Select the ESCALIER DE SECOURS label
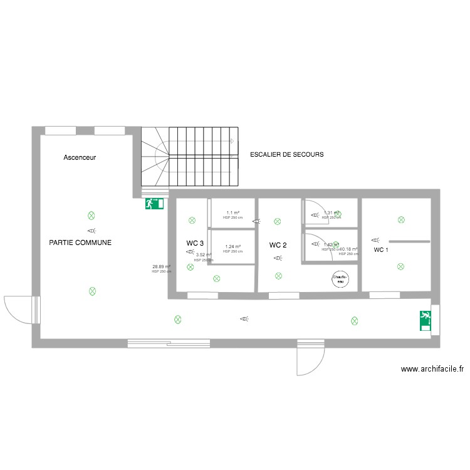pyautogui.click(x=286, y=154)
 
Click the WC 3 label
pyautogui.click(x=195, y=243)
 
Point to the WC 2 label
pyautogui.click(x=278, y=245)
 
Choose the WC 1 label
pyautogui.click(x=381, y=250)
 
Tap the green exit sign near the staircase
pyautogui.click(x=154, y=203)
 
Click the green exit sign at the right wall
pyautogui.click(x=426, y=320)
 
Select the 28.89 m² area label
pyautogui.click(x=161, y=267)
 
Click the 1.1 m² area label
pyautogui.click(x=232, y=213)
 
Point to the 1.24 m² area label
pyautogui.click(x=232, y=247)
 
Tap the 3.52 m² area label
pyautogui.click(x=204, y=255)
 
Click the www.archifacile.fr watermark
pyautogui.click(x=432, y=370)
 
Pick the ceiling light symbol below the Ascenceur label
pyautogui.click(x=91, y=215)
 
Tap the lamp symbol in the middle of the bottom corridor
pyautogui.click(x=244, y=319)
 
